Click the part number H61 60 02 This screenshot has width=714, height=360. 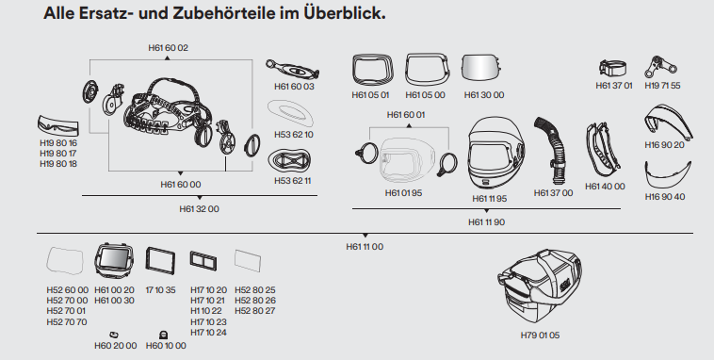[169, 47]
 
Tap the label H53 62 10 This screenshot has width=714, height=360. [294, 135]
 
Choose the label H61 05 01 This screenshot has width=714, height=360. [370, 94]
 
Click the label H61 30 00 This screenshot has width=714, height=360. [484, 94]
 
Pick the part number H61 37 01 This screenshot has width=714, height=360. [614, 85]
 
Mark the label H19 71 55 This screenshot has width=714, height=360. [662, 85]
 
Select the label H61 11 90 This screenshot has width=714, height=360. [487, 221]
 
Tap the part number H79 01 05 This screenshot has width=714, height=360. [540, 335]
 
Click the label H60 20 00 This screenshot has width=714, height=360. [115, 346]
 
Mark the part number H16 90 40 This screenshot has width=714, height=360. [665, 197]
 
